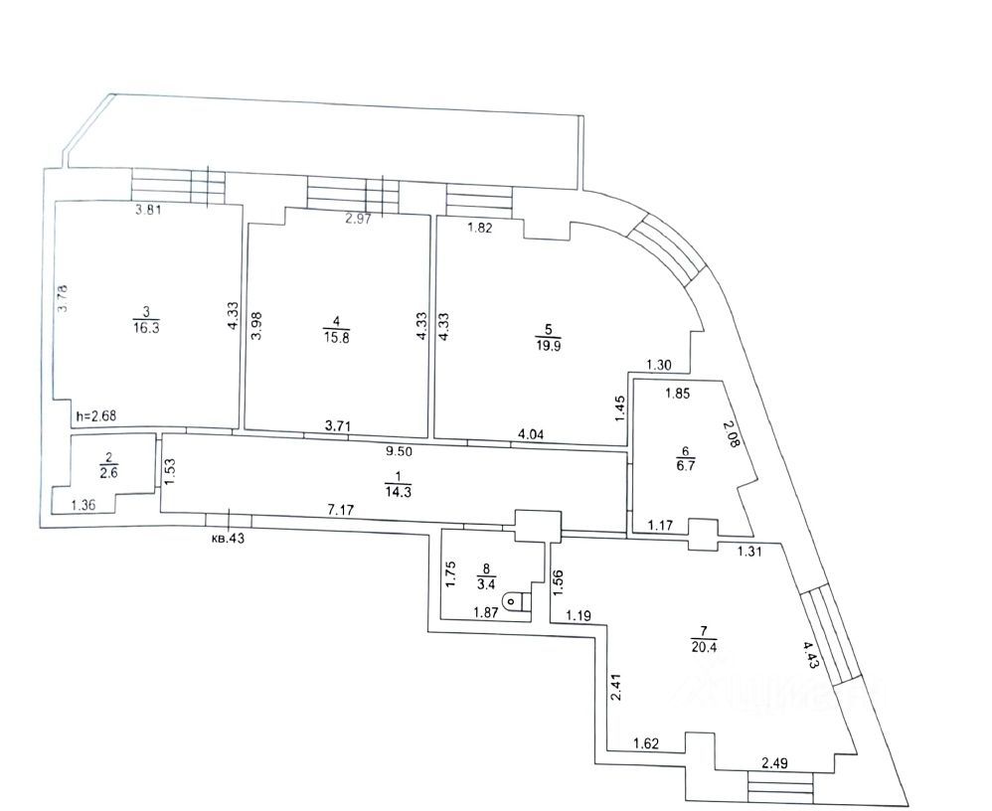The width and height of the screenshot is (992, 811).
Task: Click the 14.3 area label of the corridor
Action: pyautogui.click(x=398, y=493)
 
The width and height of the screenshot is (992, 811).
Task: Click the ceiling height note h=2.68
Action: pyautogui.click(x=96, y=416)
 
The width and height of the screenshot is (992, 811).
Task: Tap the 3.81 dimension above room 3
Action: pyautogui.click(x=149, y=210)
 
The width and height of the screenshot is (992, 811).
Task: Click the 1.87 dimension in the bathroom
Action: pyautogui.click(x=486, y=612)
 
